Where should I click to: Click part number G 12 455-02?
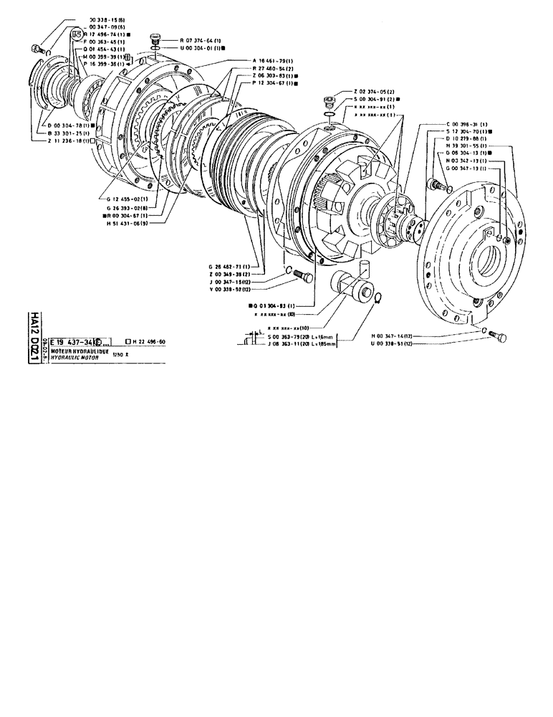pyautogui.click(x=125, y=199)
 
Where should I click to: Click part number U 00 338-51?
pyautogui.click(x=395, y=343)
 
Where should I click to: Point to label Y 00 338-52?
pyautogui.click(x=234, y=288)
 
